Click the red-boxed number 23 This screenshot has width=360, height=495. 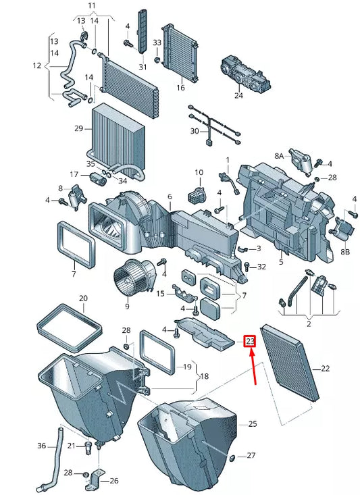coord(250,342)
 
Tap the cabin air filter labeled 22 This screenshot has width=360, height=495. coord(290,361)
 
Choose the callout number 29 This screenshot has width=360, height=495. coord(78,128)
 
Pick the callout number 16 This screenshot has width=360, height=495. coord(180,88)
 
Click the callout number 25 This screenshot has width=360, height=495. coord(253,424)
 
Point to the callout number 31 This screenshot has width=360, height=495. coord(143,67)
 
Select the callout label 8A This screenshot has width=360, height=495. coord(279,155)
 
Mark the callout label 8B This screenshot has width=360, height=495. coord(345,251)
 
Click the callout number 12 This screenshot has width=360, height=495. coord(36,66)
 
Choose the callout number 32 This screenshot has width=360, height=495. coord(261,267)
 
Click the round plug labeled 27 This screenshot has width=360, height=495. coord(233,460)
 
